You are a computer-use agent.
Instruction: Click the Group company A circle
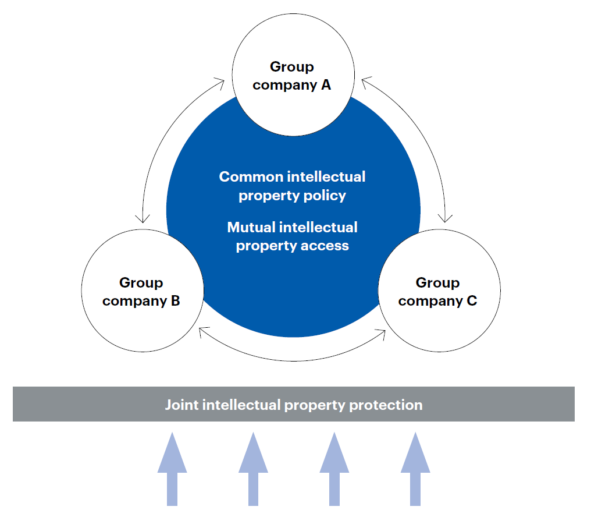[x=292, y=76]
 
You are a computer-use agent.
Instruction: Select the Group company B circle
[x=141, y=291]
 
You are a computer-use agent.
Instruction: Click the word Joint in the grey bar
[x=182, y=405]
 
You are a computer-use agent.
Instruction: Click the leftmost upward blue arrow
[x=172, y=469]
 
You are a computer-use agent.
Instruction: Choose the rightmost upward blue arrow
[x=415, y=469]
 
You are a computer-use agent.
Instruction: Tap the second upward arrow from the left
[x=253, y=469]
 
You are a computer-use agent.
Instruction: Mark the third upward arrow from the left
[x=334, y=469]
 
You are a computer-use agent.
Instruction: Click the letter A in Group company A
[x=326, y=85]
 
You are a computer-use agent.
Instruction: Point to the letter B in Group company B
[x=175, y=301]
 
